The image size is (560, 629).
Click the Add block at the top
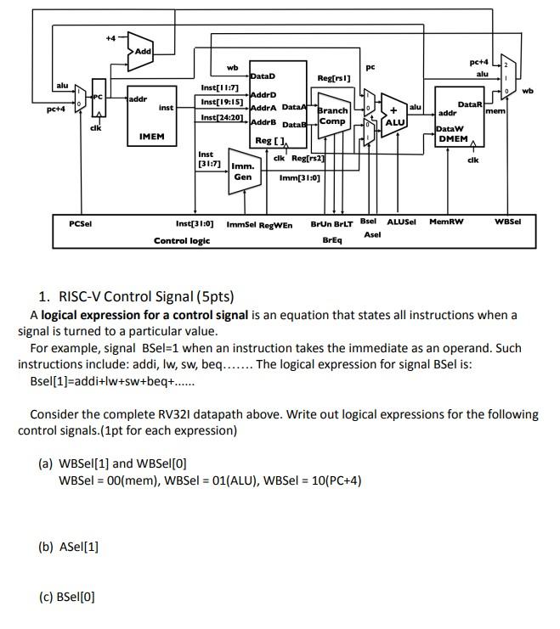point(142,52)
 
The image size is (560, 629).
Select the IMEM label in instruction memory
point(151,136)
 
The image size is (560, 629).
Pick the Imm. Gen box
point(243,171)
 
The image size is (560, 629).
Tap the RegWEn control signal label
point(275,226)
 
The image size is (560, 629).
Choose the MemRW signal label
point(446,222)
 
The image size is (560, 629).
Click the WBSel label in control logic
point(507,222)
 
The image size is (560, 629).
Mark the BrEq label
point(332,240)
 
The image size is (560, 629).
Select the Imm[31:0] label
point(299,177)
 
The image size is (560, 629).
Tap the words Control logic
point(181,241)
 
